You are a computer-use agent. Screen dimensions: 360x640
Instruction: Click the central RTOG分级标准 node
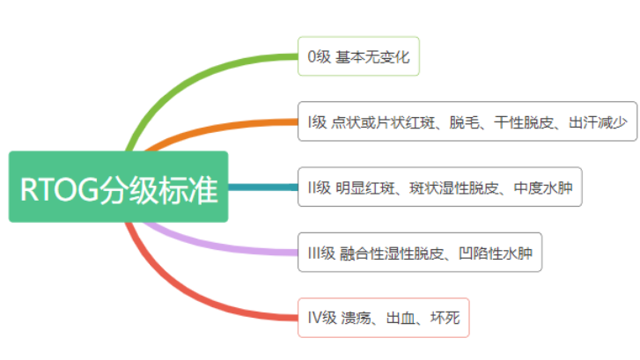[x=118, y=187]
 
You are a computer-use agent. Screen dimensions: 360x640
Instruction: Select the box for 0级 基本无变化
[x=359, y=57]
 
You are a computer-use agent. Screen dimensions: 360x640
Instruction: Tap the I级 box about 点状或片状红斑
[x=467, y=122]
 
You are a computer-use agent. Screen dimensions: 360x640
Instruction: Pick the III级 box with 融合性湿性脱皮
[x=419, y=253]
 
